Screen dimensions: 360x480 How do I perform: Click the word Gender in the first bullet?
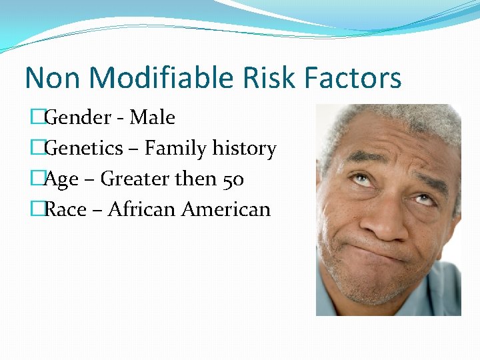77,118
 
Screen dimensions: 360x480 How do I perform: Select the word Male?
153,118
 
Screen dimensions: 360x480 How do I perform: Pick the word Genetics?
84,149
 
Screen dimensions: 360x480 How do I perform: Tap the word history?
244,149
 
